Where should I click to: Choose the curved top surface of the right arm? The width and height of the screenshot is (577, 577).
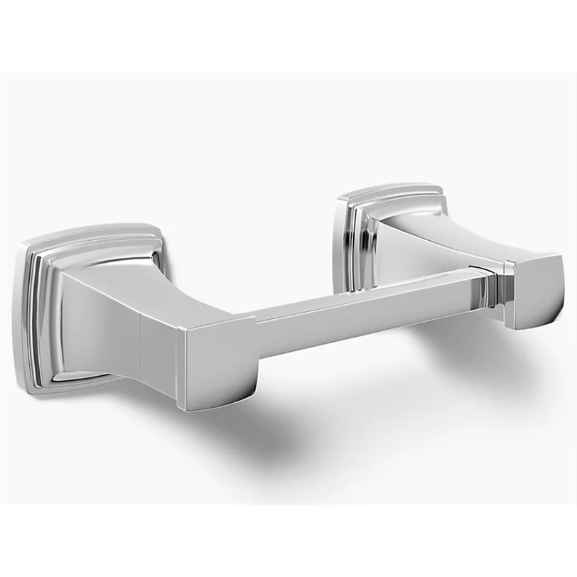[x=455, y=227]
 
